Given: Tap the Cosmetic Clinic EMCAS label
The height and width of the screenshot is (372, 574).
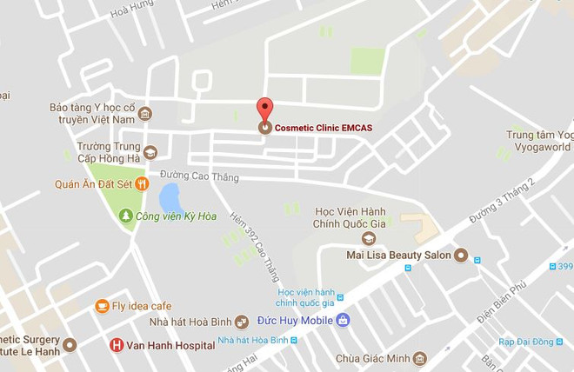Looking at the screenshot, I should click(x=323, y=128).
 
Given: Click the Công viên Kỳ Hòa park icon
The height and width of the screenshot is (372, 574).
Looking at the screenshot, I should click(x=126, y=215).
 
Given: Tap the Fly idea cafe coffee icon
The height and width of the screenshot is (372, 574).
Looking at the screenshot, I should click(x=102, y=306).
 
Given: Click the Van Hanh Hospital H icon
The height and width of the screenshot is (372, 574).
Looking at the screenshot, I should click(x=117, y=345).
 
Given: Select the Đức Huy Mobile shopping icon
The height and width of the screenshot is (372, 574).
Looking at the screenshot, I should click(x=343, y=319).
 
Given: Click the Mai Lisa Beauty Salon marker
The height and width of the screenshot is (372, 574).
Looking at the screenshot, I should click(x=461, y=256).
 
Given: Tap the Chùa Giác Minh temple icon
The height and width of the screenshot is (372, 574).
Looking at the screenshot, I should click(x=420, y=358).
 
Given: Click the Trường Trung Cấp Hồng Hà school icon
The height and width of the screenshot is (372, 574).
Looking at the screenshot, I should click(x=150, y=153).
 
